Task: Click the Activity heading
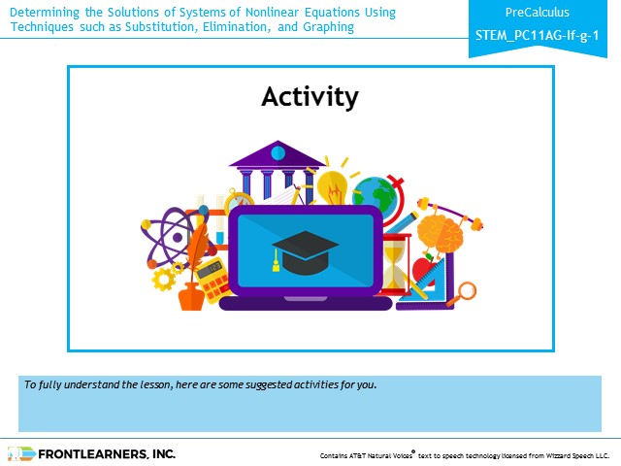point(310,97)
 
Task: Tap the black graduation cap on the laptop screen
point(305,252)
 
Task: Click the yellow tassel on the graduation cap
point(276,262)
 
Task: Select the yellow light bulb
point(333,186)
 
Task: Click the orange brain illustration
point(440,233)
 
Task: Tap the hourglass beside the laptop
point(394,264)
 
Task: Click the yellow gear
point(164,279)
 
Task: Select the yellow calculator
point(213,280)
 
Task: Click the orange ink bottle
point(191,296)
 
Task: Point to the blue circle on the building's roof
point(278,153)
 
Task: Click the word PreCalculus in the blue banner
point(537,13)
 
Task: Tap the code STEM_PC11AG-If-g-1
point(537,36)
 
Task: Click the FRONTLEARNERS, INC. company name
point(107,454)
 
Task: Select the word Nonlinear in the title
point(272,13)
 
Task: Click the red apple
point(424,270)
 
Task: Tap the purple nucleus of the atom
point(178,238)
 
